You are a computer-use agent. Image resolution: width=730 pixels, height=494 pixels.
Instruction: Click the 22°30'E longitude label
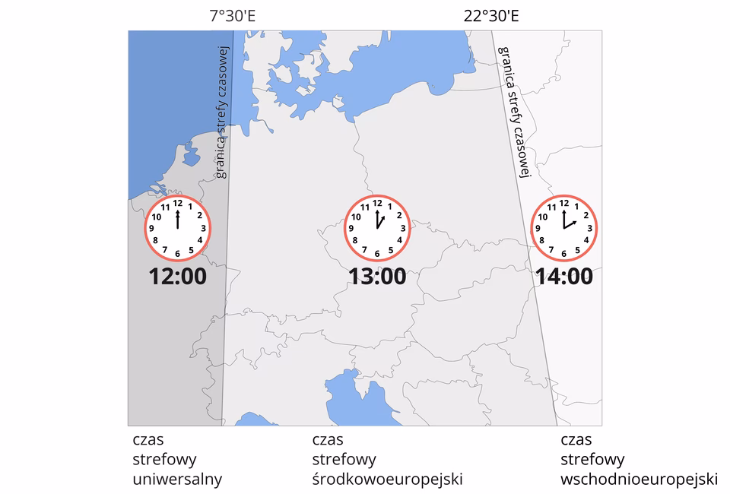[x=491, y=15]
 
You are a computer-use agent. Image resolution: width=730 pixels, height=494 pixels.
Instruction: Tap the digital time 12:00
[x=178, y=277]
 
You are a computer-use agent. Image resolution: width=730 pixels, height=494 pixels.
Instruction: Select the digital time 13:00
[x=378, y=277]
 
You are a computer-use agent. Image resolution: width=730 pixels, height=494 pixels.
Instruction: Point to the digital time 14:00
[x=563, y=277]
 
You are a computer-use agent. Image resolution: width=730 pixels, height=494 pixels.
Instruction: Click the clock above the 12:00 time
[x=178, y=228]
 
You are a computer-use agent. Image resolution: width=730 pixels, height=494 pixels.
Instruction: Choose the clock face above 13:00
[x=378, y=228]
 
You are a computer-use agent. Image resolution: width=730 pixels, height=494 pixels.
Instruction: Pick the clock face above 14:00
[x=563, y=228]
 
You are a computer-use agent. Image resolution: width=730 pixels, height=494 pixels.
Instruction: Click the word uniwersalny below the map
[x=177, y=479]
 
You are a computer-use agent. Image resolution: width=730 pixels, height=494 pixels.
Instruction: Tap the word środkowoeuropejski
[x=387, y=479]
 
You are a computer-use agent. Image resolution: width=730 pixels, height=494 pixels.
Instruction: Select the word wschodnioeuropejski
[x=639, y=479]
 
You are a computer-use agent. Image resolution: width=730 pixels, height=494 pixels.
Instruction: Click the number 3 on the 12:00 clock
[x=203, y=228]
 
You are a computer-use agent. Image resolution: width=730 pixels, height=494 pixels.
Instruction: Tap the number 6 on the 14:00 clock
[x=563, y=254]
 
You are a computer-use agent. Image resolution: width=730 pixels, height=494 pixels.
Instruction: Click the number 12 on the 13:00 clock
[x=377, y=204]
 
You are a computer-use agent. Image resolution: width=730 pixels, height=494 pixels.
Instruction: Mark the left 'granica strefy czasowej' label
[x=221, y=113]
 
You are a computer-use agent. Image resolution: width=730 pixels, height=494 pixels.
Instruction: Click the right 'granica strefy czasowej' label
[x=513, y=111]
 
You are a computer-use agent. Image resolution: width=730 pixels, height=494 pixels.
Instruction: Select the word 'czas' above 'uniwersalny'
[x=148, y=440]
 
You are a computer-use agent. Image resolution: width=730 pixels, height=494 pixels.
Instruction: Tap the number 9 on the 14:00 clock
[x=538, y=228]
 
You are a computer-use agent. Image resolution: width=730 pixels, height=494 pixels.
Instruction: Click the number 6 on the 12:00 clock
[x=178, y=254]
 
